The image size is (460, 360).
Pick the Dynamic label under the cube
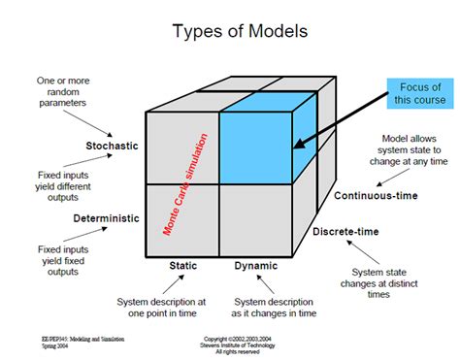pyautogui.click(x=255, y=264)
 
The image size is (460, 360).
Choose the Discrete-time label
pyautogui.click(x=345, y=232)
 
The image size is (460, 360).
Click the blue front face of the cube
pyautogui.click(x=254, y=146)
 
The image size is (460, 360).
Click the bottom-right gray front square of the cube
pyautogui.click(x=254, y=218)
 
